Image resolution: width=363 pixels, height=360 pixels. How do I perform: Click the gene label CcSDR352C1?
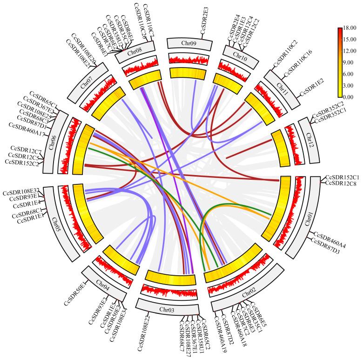click(331, 120)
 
